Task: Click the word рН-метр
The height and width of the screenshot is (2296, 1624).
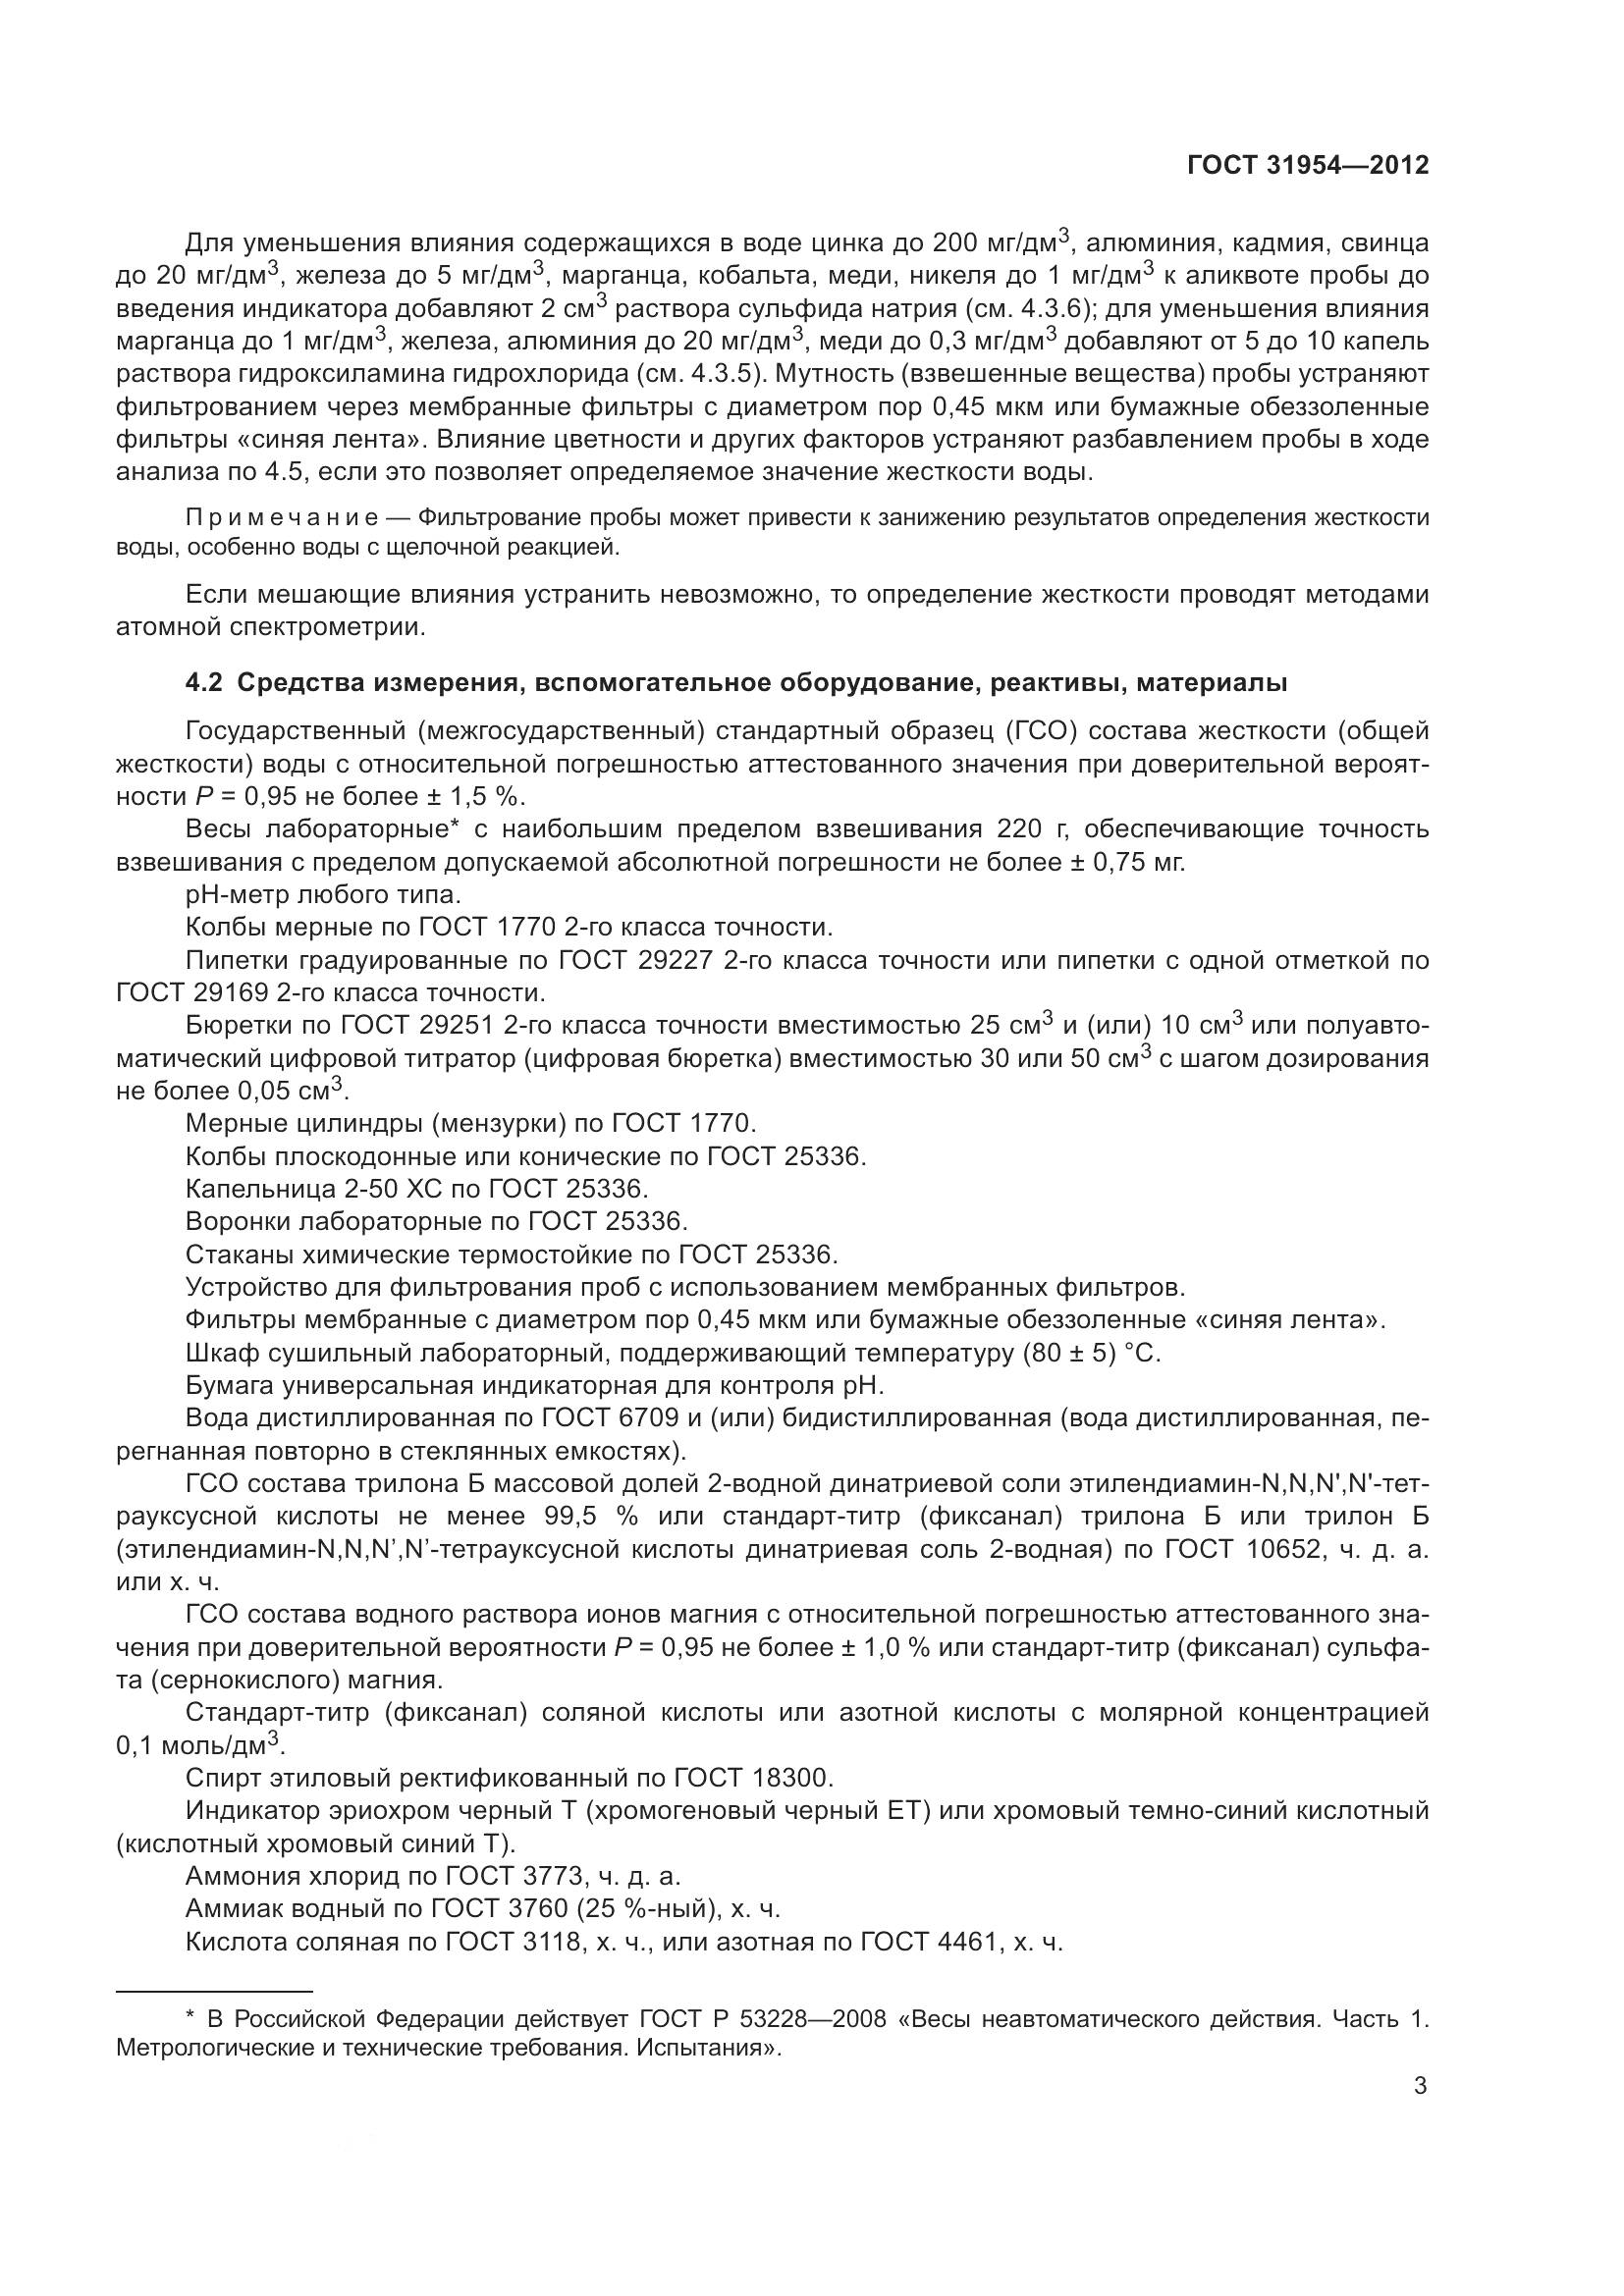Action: point(241,895)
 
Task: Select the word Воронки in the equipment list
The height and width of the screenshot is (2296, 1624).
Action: point(238,1222)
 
